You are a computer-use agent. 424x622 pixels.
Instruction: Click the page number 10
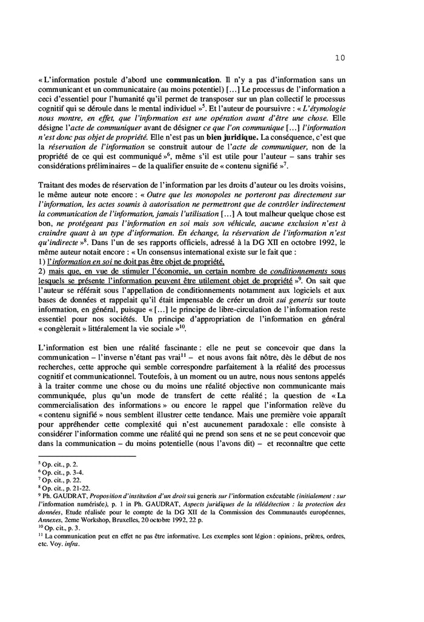[x=339, y=58]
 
